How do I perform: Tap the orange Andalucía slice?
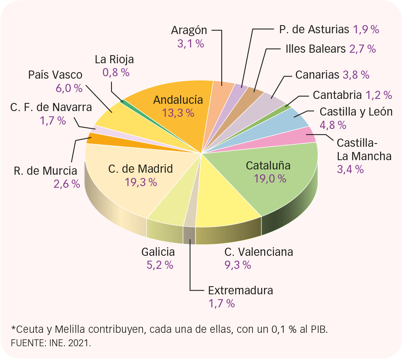[170, 122]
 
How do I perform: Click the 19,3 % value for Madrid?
[141, 182]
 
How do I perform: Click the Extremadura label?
[240, 291]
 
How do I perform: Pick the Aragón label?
[189, 30]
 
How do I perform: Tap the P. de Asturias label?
[314, 29]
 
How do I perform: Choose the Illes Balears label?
[315, 49]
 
